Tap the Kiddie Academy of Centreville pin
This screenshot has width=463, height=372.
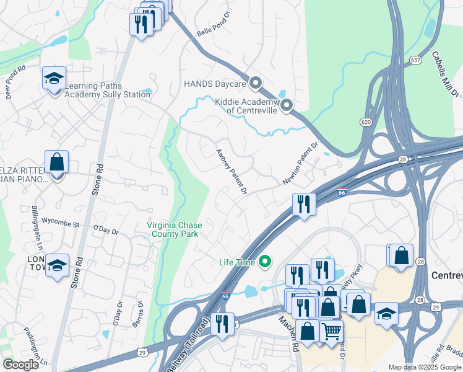click(x=286, y=106)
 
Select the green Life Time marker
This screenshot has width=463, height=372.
click(x=266, y=262)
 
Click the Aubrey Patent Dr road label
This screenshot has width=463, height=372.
click(x=231, y=172)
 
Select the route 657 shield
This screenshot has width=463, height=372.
click(x=415, y=60)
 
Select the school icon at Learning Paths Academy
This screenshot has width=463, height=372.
click(x=54, y=78)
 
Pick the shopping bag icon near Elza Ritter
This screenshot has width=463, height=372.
click(x=56, y=162)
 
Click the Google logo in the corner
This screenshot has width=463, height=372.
click(x=20, y=365)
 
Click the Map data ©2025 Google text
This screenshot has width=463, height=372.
click(x=424, y=367)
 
